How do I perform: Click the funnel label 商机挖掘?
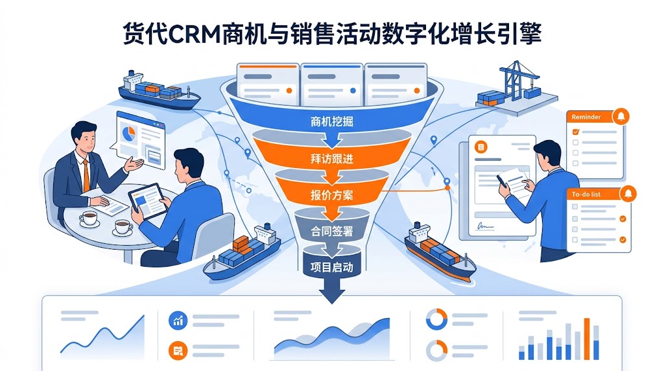coord(332,121)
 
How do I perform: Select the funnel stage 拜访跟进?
coord(332,158)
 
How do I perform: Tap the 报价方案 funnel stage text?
coord(332,194)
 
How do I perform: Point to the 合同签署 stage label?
coord(332,230)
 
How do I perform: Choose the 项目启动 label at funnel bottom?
coord(332,267)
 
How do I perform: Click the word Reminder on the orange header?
coord(586,117)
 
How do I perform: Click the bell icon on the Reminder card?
coord(621,117)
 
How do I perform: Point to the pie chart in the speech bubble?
coord(129,135)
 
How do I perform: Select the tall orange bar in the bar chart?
coord(586,338)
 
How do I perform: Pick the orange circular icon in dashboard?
coord(177,351)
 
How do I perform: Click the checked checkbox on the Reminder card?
coord(575,132)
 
